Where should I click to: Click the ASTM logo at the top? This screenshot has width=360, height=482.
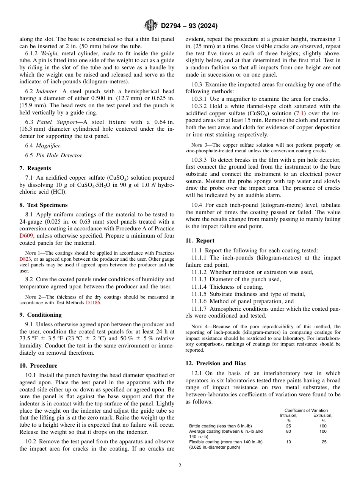point(151,26)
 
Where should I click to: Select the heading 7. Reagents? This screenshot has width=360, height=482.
point(35,168)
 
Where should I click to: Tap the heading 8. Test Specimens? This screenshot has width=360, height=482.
point(43,205)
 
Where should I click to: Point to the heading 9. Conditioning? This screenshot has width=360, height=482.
point(40,315)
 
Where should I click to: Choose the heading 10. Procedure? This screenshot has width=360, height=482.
point(38,366)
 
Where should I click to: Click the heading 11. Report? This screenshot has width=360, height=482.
point(200,241)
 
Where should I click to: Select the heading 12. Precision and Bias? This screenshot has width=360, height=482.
point(215,363)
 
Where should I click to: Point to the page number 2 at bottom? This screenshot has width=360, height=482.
point(180,466)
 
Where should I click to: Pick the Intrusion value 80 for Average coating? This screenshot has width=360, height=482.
point(289,431)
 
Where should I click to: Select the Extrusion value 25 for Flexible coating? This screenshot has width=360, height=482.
point(324,442)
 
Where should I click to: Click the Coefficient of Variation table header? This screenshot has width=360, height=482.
point(306,410)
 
